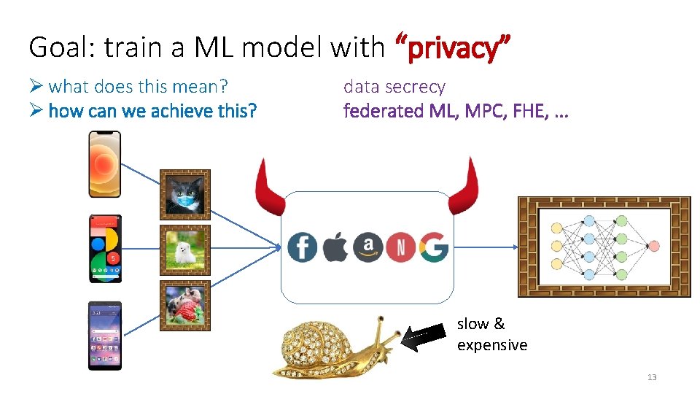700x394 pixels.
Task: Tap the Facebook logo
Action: pyautogui.click(x=302, y=247)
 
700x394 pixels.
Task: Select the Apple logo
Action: pyautogui.click(x=335, y=247)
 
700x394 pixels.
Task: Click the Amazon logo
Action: pyautogui.click(x=368, y=247)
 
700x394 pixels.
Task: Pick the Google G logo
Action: pyautogui.click(x=433, y=247)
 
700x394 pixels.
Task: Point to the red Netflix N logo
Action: pyautogui.click(x=400, y=247)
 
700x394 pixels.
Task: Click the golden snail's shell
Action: pyautogui.click(x=311, y=345)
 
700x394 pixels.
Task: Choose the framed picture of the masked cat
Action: pyautogui.click(x=185, y=195)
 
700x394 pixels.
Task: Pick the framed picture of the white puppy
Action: pyautogui.click(x=185, y=250)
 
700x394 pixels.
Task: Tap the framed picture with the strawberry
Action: pyautogui.click(x=185, y=306)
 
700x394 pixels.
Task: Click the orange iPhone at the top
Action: pyautogui.click(x=104, y=164)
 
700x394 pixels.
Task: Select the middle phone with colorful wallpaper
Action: pyautogui.click(x=105, y=249)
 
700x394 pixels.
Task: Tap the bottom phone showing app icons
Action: pyautogui.click(x=105, y=336)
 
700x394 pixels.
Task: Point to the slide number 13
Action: pyautogui.click(x=652, y=377)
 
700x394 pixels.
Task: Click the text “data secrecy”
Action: pyautogui.click(x=394, y=87)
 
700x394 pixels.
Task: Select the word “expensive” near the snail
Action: pyautogui.click(x=492, y=345)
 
